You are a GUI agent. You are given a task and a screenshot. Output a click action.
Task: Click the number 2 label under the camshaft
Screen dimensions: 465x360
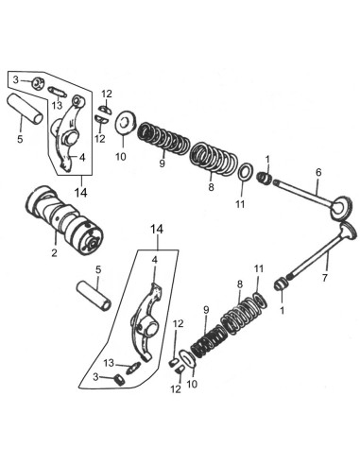tap(55, 253)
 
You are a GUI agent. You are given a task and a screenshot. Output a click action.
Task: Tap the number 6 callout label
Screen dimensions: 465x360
tap(317, 173)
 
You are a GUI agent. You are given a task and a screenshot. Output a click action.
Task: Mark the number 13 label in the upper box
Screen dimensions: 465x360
tap(58, 105)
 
